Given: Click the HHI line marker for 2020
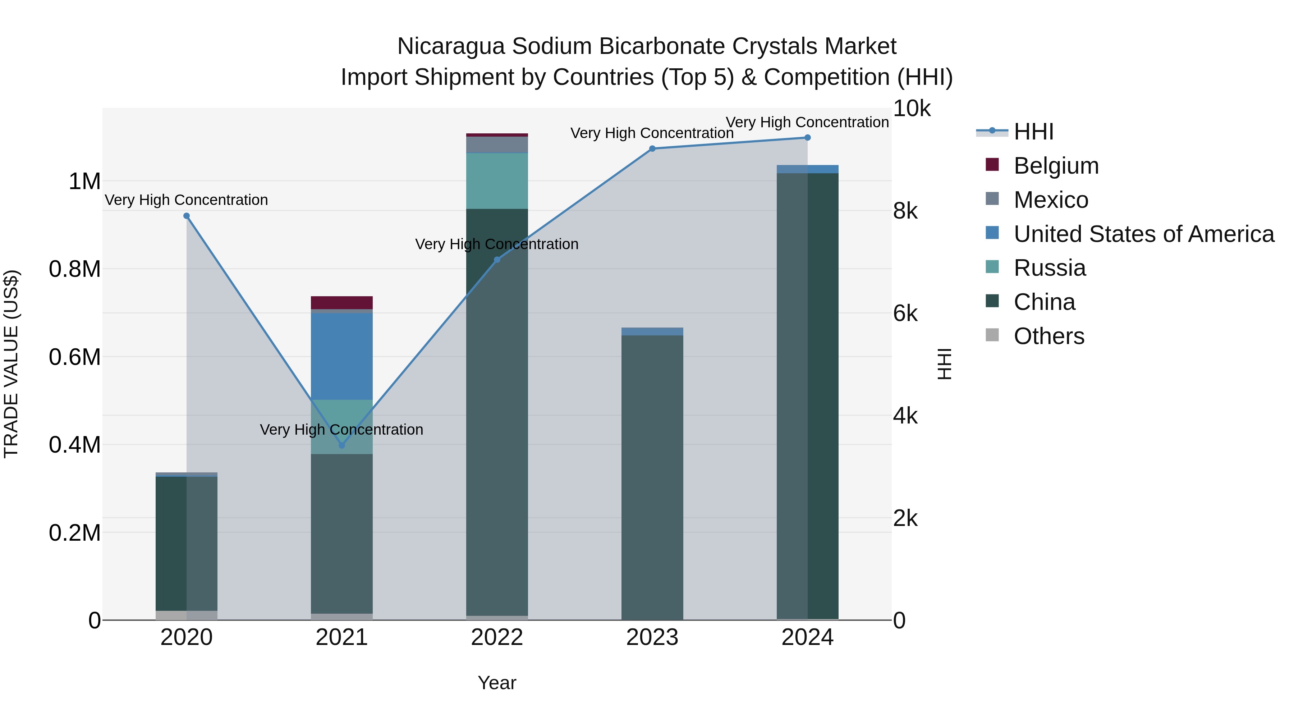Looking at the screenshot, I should click(186, 216).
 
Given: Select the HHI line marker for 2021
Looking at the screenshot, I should click(341, 445).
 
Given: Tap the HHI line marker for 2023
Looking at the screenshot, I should click(652, 149).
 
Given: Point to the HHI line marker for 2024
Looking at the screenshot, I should click(807, 138).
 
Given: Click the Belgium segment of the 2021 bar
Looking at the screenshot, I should click(341, 302).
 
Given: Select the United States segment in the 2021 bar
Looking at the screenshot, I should click(341, 356).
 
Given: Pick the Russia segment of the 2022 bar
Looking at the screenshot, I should click(497, 181).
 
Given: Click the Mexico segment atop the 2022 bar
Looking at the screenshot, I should click(497, 145).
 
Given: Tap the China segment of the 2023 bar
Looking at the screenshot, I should click(652, 477).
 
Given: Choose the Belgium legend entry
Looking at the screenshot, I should click(1056, 166).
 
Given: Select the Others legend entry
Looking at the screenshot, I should click(1049, 336).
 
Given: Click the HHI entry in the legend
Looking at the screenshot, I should click(1033, 132).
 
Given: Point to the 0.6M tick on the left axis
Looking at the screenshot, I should click(75, 357).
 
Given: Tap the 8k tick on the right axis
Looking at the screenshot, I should click(905, 211).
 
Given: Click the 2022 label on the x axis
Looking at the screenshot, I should click(497, 637).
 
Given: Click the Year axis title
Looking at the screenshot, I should click(497, 683).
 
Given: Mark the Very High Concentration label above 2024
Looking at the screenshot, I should click(807, 122).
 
